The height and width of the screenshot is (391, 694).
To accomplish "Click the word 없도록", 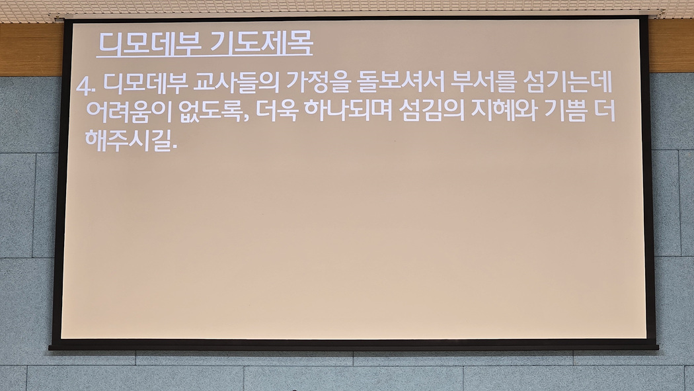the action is coord(211,111).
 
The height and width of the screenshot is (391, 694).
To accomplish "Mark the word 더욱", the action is coord(276,111).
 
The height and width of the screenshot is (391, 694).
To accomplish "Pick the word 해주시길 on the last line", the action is coord(128,140).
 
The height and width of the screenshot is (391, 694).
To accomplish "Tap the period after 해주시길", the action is coord(173,148).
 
